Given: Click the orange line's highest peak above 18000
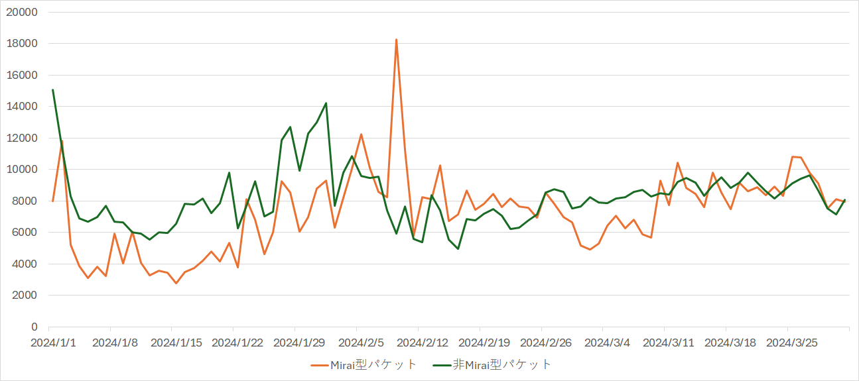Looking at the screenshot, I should [396, 40].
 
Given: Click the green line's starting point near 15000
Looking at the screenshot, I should [53, 90].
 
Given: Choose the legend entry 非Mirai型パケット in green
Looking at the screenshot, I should [501, 364].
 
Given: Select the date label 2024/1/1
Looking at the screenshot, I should [53, 343].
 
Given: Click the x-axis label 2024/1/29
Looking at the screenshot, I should [299, 343].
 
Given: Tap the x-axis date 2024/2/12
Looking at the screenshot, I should [423, 343].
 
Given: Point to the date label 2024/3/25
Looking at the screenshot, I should [791, 343].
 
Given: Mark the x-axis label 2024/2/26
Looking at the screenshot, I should [546, 343].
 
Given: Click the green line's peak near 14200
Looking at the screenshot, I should [326, 103].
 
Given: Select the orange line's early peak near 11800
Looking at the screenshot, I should [62, 141].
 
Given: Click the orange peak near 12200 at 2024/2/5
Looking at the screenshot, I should [361, 135].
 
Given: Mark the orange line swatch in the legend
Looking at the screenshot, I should [319, 364].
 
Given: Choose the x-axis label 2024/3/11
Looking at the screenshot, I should [669, 343].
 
